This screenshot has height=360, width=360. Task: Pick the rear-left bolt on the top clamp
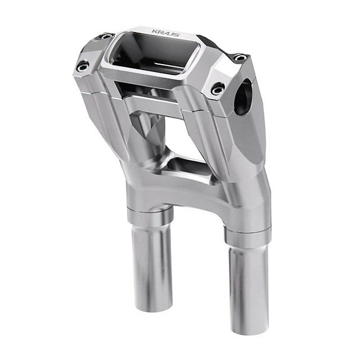click(x=106, y=36)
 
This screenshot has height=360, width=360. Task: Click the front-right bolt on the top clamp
click(x=218, y=88)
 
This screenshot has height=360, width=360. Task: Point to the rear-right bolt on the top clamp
click(x=240, y=57)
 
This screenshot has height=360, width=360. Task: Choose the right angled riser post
click(x=238, y=144)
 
